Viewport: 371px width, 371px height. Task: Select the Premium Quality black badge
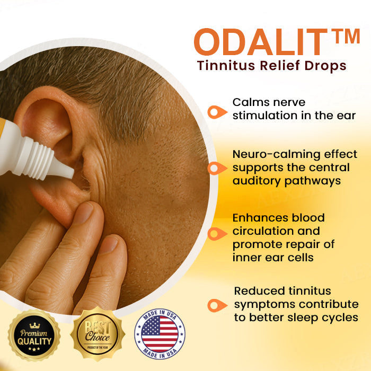point(33,335)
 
